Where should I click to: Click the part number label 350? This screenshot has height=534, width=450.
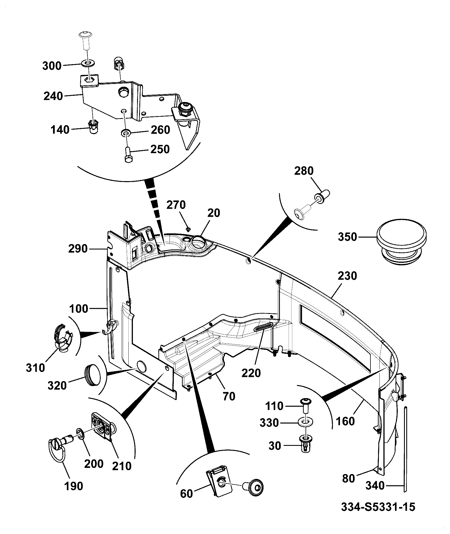[348, 237]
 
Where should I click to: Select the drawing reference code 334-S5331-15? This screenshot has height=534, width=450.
[378, 507]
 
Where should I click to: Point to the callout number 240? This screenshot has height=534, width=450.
[53, 96]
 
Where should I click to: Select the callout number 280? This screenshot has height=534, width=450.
[304, 171]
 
